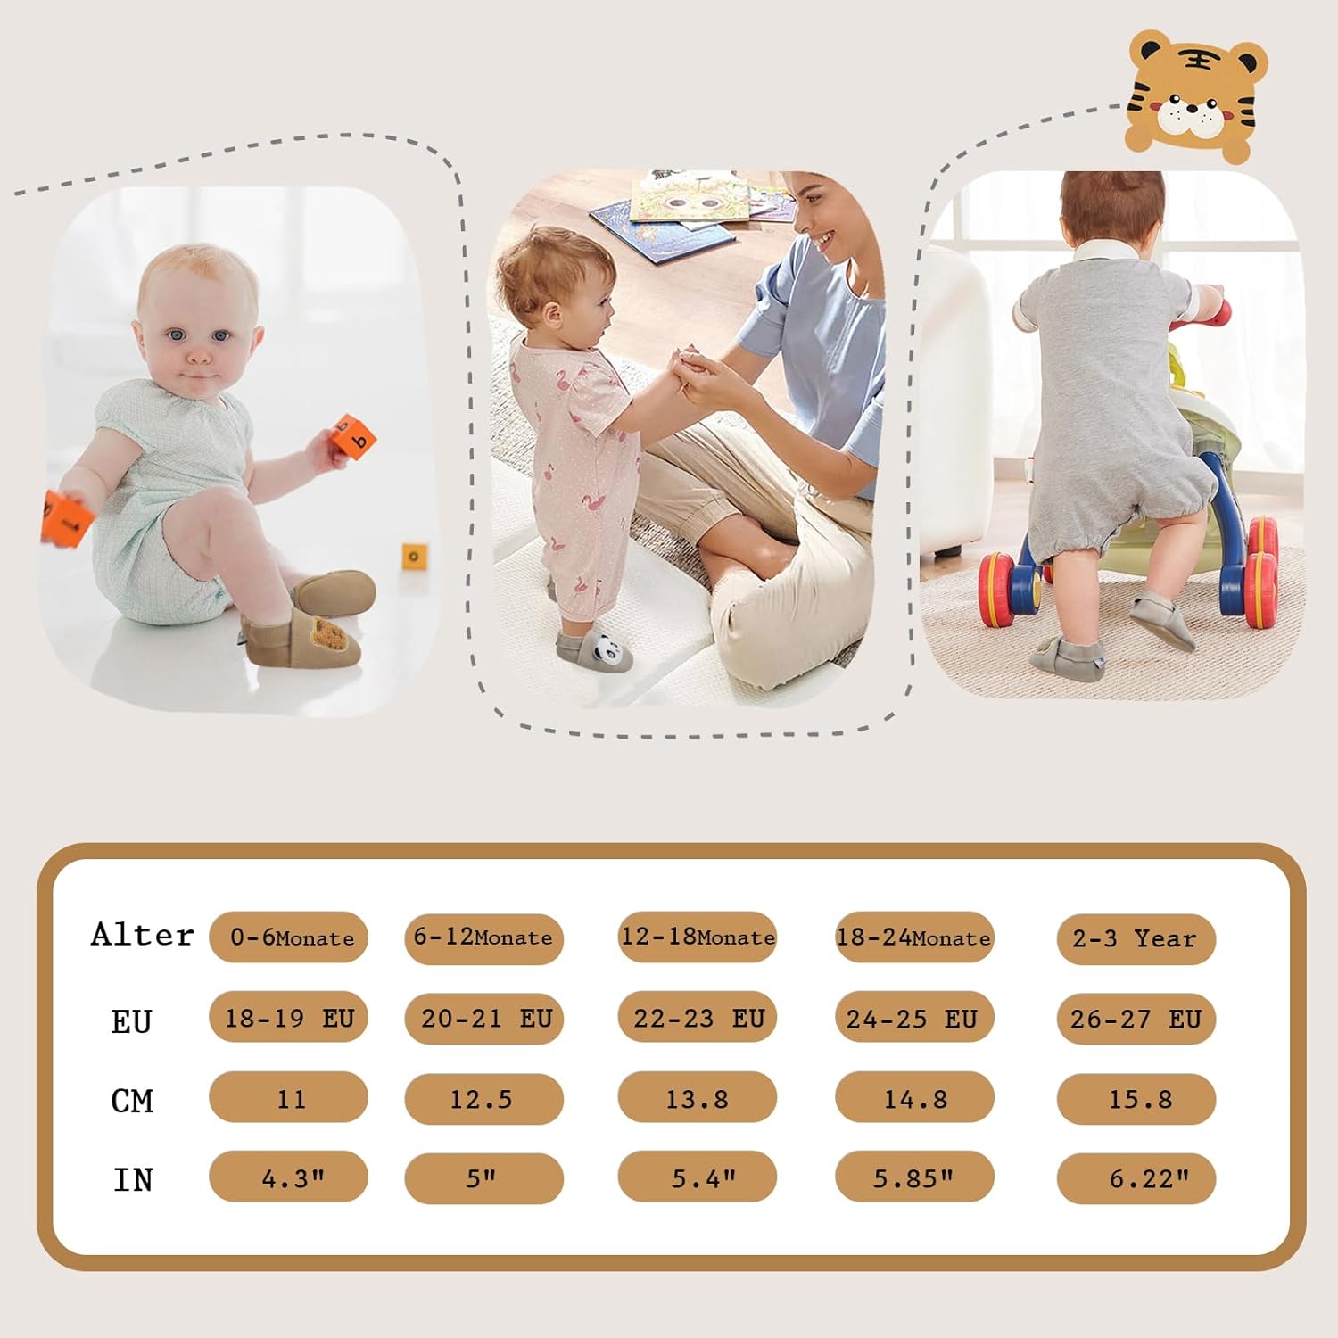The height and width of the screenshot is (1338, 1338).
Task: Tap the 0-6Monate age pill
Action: pyautogui.click(x=289, y=937)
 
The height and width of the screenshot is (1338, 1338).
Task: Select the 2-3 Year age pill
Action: pyautogui.click(x=1136, y=938)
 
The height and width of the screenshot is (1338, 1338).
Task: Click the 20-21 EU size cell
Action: pyautogui.click(x=484, y=1018)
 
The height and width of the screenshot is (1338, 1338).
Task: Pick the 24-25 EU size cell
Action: pyautogui.click(x=914, y=1018)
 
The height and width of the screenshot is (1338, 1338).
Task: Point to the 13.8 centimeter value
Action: pyautogui.click(x=698, y=1098)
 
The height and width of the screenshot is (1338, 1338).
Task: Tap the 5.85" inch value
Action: pyautogui.click(x=914, y=1177)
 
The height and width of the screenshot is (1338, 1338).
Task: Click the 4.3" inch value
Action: pyautogui.click(x=289, y=1177)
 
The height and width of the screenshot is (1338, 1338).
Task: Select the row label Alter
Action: pyautogui.click(x=143, y=935)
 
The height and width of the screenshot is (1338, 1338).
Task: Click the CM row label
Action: pyautogui.click(x=132, y=1101)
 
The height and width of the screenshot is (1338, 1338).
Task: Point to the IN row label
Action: pyautogui.click(x=133, y=1180)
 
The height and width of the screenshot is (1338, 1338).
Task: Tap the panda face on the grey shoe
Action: pyautogui.click(x=607, y=652)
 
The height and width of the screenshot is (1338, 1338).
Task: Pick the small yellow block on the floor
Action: pyautogui.click(x=414, y=557)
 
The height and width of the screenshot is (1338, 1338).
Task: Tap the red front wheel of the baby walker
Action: pyautogui.click(x=1010, y=590)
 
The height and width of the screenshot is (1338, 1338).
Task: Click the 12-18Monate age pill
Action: pyautogui.click(x=698, y=937)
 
